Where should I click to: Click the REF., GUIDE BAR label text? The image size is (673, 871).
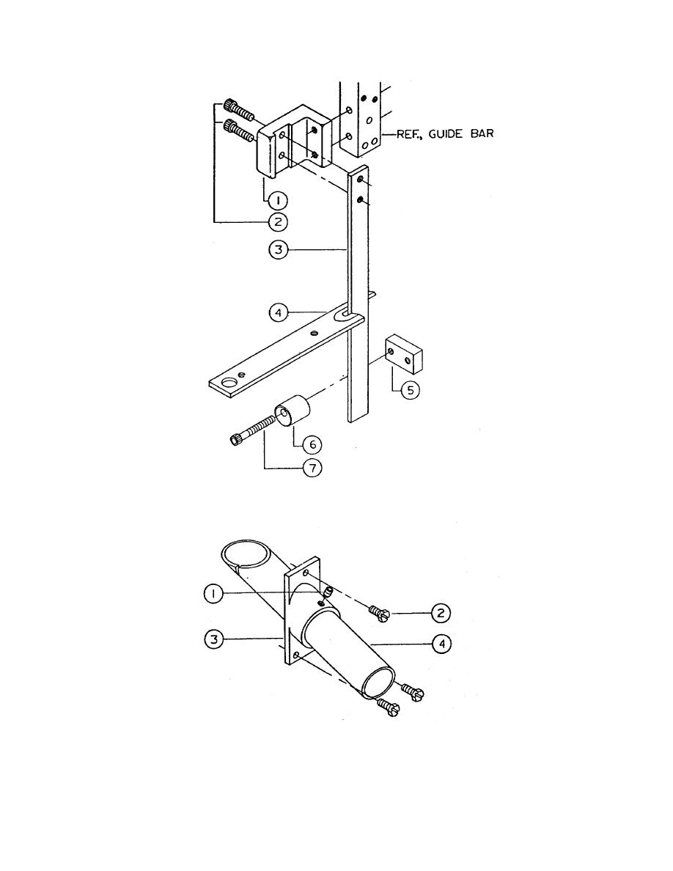(x=445, y=134)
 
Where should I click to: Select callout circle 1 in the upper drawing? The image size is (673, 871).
(x=278, y=200)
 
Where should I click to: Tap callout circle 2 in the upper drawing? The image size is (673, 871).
(x=278, y=222)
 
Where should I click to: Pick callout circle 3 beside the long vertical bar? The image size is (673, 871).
(x=278, y=250)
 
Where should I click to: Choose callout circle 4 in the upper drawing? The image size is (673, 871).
(x=278, y=313)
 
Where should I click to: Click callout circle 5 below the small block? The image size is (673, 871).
(x=411, y=390)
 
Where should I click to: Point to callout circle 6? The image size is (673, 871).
(x=312, y=444)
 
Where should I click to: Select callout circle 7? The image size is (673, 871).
(x=312, y=468)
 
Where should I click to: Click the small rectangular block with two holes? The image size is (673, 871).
(x=404, y=353)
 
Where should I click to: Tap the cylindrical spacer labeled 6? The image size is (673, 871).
(x=293, y=411)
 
